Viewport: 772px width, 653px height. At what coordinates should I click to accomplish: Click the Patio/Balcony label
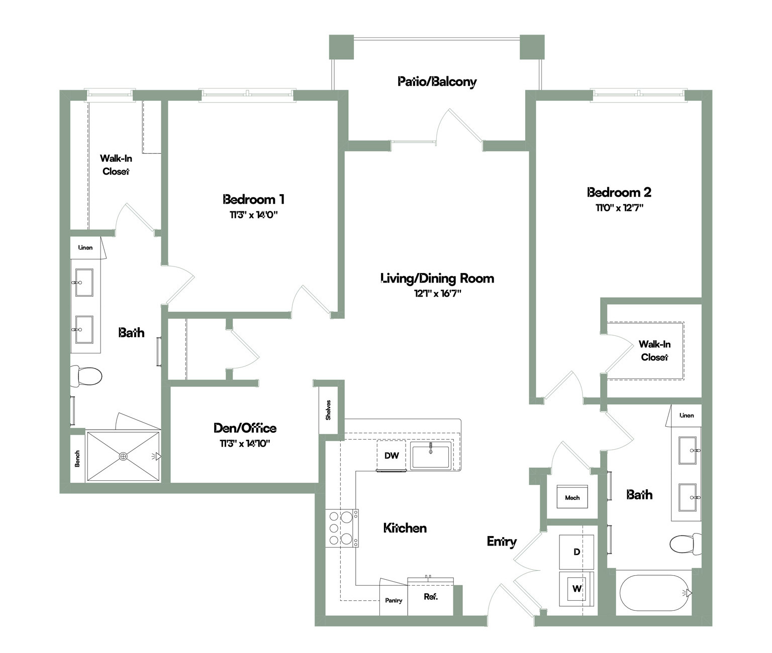[x=437, y=82]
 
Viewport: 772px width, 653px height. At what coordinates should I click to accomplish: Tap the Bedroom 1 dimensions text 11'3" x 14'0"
[x=254, y=215]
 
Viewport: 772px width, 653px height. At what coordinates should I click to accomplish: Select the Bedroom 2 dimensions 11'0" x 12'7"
[x=619, y=208]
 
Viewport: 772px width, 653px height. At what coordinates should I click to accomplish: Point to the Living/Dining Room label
[x=437, y=278]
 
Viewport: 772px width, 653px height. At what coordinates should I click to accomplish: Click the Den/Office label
[x=245, y=428]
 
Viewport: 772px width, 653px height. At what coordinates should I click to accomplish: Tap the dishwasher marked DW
[x=392, y=455]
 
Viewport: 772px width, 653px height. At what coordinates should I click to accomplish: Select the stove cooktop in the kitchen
[x=342, y=528]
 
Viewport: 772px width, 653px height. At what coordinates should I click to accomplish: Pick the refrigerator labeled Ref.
[x=431, y=596]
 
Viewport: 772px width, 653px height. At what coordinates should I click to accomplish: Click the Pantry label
[x=394, y=600]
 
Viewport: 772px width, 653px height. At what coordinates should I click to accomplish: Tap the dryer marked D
[x=576, y=552]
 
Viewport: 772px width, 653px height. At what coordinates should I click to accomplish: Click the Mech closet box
[x=572, y=496]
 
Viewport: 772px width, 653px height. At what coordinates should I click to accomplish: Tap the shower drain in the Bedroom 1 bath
[x=123, y=456]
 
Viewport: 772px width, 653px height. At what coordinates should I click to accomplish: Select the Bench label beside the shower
[x=77, y=459]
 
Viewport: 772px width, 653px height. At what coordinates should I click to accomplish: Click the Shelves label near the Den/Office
[x=328, y=410]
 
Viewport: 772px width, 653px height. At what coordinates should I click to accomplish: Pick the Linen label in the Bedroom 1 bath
[x=85, y=247]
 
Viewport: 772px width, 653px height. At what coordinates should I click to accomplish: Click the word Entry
[x=502, y=542]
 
